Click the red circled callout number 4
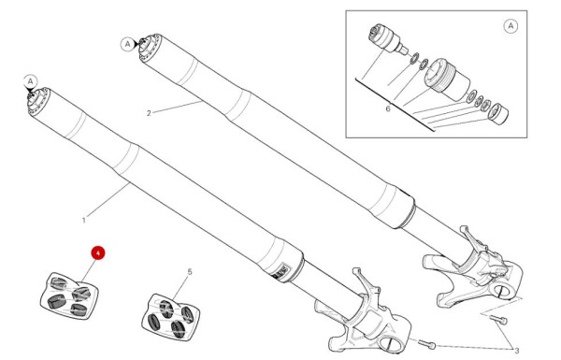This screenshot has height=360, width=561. (97, 252)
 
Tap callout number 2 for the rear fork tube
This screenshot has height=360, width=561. (148, 113)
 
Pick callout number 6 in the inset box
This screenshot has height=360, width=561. (387, 108)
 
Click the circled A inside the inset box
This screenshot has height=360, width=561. (511, 26)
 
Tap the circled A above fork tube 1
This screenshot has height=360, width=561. (30, 81)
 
